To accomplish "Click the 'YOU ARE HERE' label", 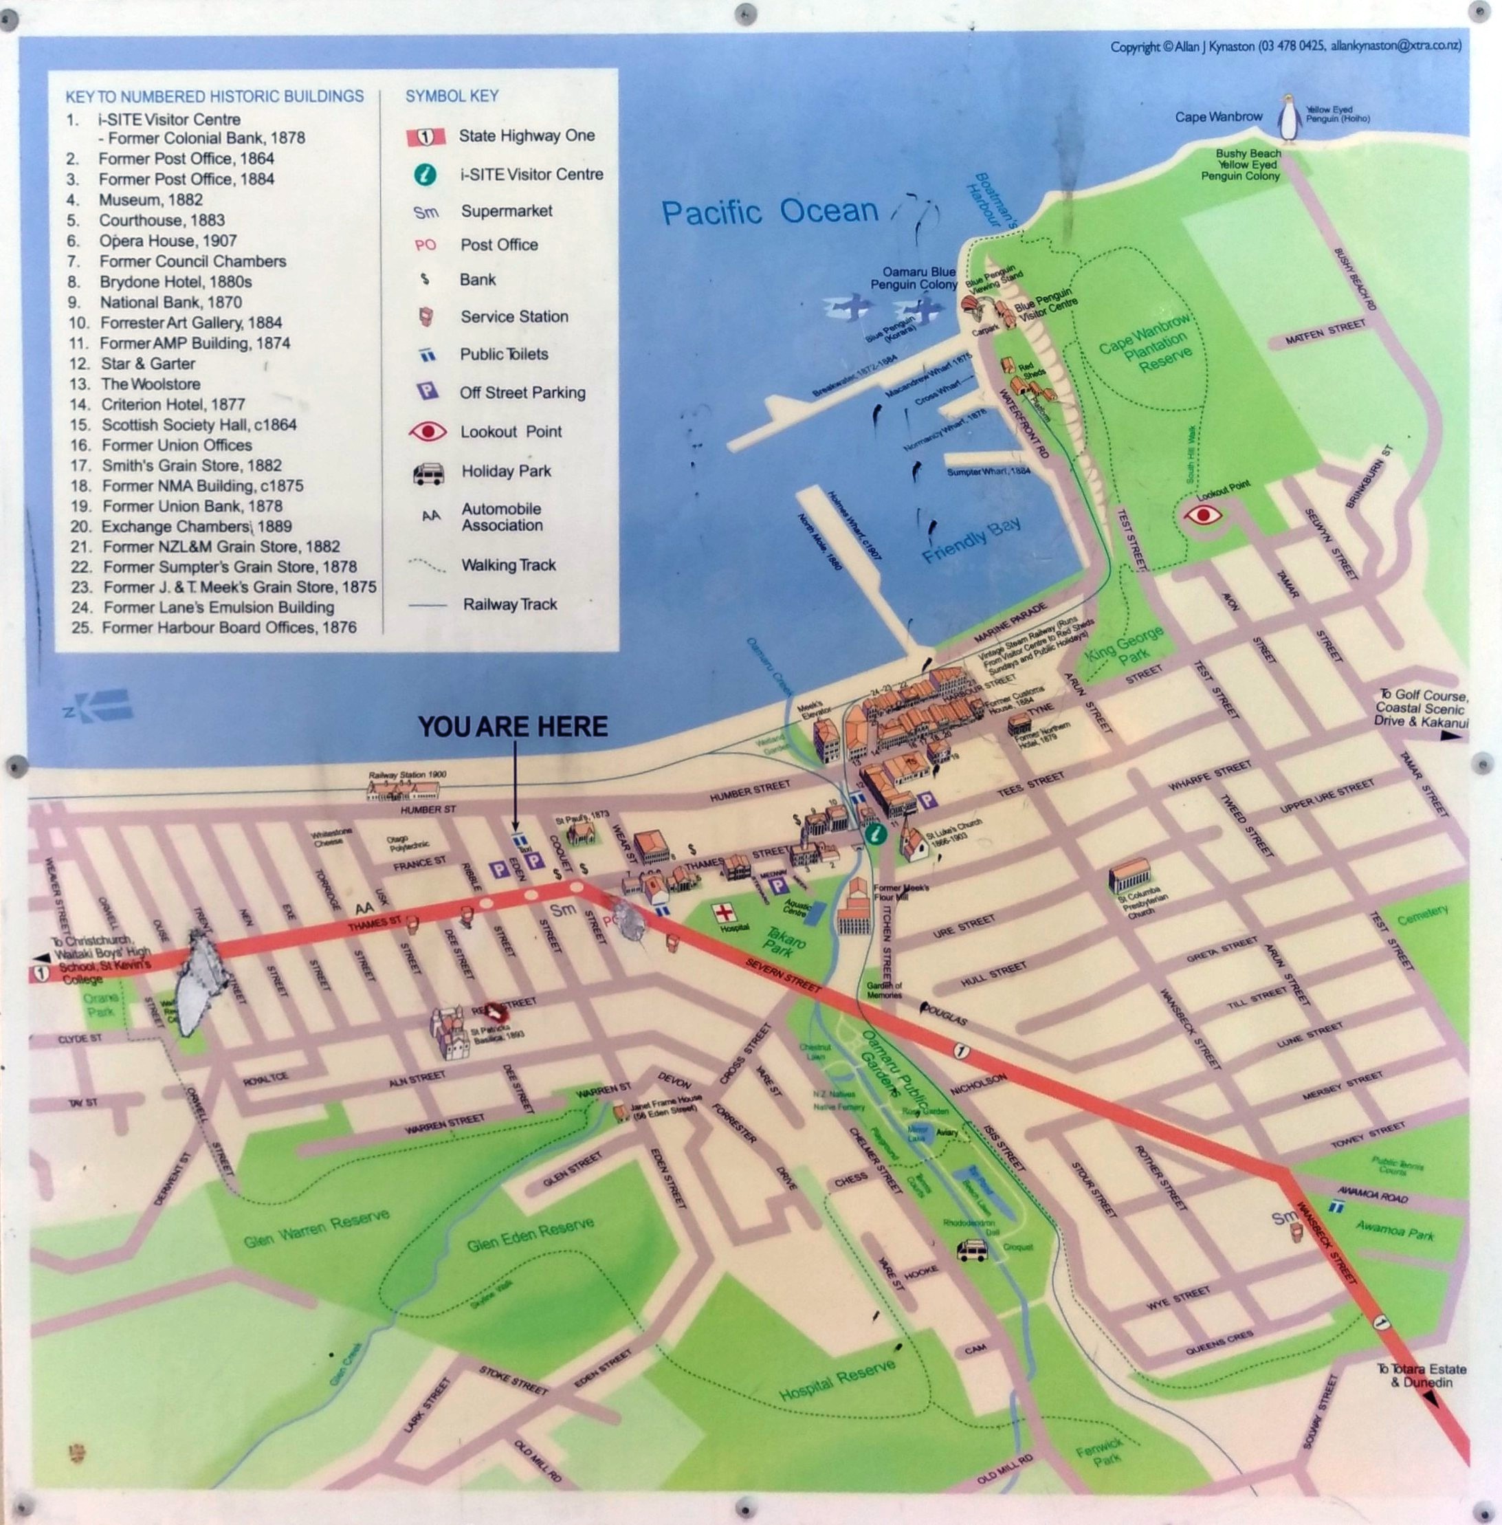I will pos(513,727).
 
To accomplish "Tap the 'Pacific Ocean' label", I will pos(769,212).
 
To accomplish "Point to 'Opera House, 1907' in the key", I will pos(167,241).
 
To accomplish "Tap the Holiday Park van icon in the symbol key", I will pos(427,472).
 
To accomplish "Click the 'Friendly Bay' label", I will pos(971,540).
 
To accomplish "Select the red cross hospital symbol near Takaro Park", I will pos(723,914).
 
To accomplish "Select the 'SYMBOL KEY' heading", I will pos(452,96).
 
